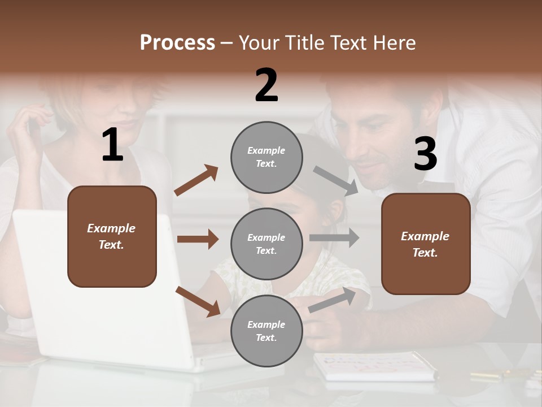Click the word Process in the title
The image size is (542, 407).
pos(177,43)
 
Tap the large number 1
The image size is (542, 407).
pos(112,145)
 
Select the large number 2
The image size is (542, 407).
pos(266,85)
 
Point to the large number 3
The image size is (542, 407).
pos(425,154)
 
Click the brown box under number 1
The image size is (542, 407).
pos(112,236)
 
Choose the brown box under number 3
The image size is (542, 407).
pos(426,244)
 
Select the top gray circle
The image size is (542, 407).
pos(266,157)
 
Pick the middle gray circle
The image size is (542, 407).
pos(266,244)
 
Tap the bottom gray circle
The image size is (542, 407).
pos(266,331)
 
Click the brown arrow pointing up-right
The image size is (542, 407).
pos(196,180)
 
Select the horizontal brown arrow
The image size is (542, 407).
pos(198,239)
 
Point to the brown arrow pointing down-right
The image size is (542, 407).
pos(198,301)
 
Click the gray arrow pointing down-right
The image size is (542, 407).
pos(336,180)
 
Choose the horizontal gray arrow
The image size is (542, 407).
pos(334,238)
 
